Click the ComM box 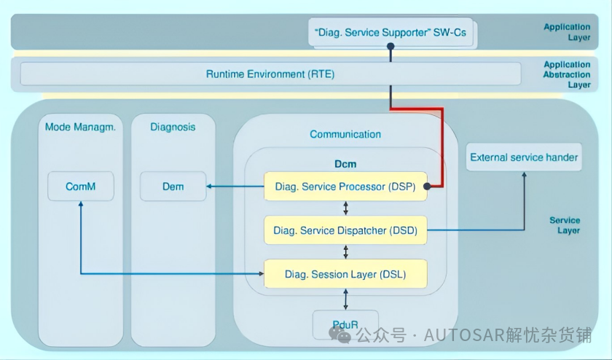(x=81, y=187)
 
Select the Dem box (x=173, y=187)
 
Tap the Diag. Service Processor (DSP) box (x=345, y=187)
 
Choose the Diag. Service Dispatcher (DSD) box (x=345, y=230)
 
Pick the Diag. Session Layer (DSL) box (x=345, y=274)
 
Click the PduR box (x=345, y=324)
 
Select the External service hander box (x=524, y=157)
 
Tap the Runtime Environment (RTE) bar (x=270, y=74)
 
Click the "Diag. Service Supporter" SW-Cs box (x=391, y=32)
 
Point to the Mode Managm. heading (x=80, y=127)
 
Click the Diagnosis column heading (x=173, y=127)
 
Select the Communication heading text (x=345, y=134)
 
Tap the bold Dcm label (x=345, y=164)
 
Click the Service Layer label (x=565, y=225)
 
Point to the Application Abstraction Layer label (x=567, y=74)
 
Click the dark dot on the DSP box (x=427, y=187)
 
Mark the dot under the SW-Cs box (x=391, y=46)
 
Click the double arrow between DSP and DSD (x=345, y=208)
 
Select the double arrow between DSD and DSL (x=345, y=252)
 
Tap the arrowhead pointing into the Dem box (x=209, y=187)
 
